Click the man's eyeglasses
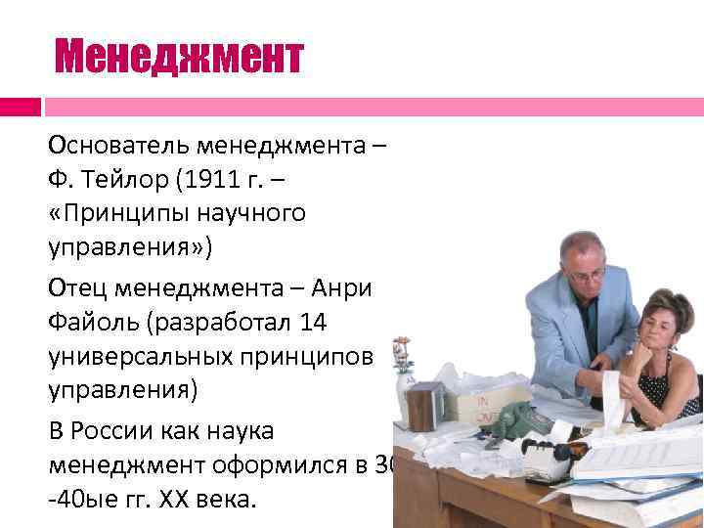click(585, 277)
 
